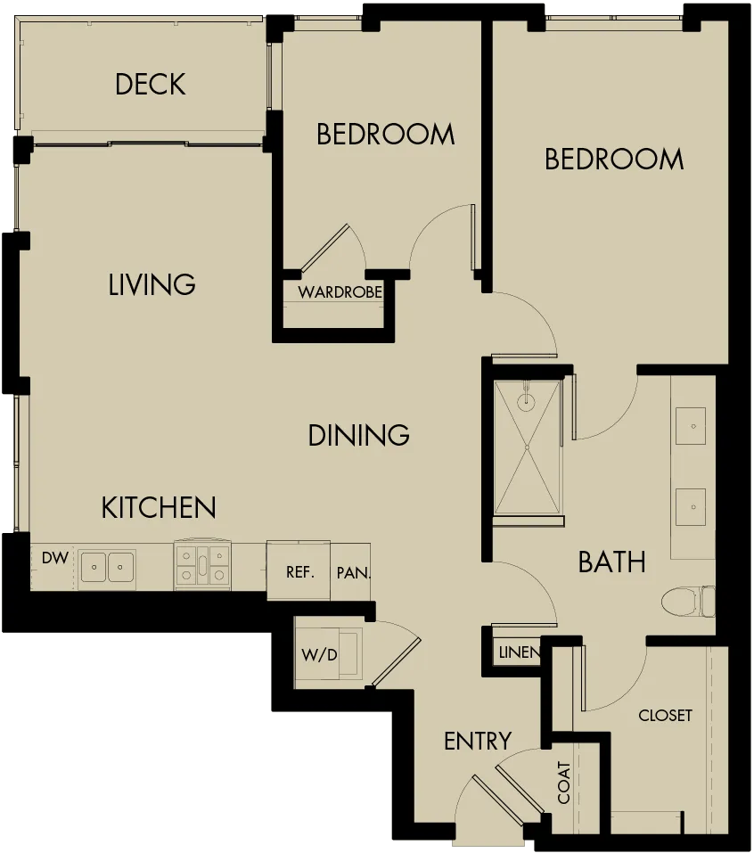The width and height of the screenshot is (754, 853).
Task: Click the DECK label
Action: click(x=151, y=85)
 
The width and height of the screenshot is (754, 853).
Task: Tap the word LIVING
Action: click(x=152, y=284)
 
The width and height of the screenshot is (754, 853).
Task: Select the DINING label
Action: click(x=359, y=435)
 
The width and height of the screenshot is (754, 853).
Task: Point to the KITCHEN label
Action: click(x=159, y=507)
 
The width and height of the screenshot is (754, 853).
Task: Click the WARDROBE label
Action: click(x=340, y=292)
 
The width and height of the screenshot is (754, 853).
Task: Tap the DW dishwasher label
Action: click(x=55, y=558)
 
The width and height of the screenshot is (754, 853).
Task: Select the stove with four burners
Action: click(x=202, y=565)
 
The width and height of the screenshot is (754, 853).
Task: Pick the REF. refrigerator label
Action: click(x=300, y=571)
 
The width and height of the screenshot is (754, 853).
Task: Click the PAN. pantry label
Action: click(x=353, y=572)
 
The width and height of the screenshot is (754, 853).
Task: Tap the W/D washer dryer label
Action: click(x=319, y=654)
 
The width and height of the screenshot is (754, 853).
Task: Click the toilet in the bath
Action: click(x=688, y=602)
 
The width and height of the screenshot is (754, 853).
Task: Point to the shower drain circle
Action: click(x=527, y=447)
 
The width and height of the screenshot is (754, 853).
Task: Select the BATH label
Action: click(x=612, y=562)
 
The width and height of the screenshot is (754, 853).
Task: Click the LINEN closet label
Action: click(x=520, y=652)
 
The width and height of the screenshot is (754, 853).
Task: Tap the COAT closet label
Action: click(x=563, y=783)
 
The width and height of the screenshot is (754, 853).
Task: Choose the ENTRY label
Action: click(x=478, y=741)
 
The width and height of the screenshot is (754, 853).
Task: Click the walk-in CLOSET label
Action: click(x=666, y=715)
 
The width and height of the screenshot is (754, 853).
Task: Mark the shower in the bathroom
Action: click(x=528, y=447)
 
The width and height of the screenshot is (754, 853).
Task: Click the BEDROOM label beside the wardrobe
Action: click(x=386, y=135)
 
